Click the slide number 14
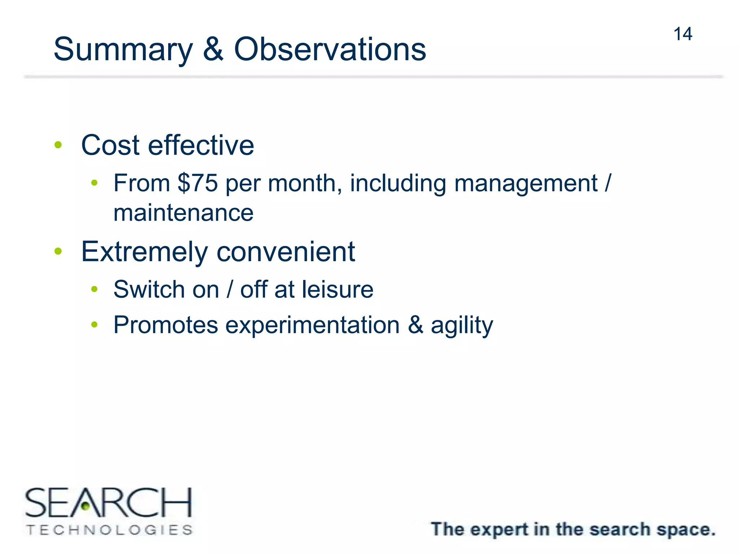pos(682,34)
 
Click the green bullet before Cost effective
pos(58,145)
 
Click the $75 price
pos(198,183)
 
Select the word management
pos(525,184)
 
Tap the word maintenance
pos(183,213)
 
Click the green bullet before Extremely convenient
pos(58,251)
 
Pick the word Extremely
pos(145,252)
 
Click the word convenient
pos(286,252)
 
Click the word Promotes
pos(166,325)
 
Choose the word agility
pos(462,325)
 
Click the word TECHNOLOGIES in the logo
pos(109,530)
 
